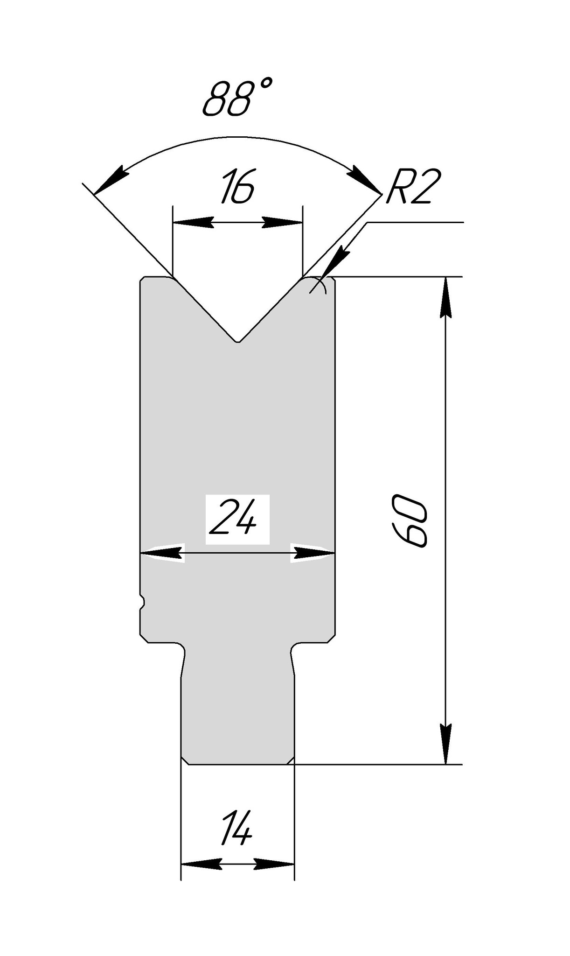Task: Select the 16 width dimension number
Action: coord(237,188)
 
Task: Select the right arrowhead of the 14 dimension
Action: coord(275,864)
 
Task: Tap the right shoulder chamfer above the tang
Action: coord(332,639)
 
